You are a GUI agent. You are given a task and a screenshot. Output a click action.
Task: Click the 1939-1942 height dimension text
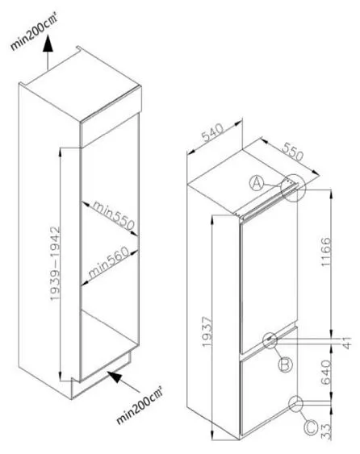coord(56,264)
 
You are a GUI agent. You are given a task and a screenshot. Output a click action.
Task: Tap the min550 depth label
coord(114,215)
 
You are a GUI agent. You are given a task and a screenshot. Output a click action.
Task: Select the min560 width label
coord(108,262)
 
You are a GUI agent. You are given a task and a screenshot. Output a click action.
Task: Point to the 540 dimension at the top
coord(213,132)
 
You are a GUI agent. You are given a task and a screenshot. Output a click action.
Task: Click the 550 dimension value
coord(293,151)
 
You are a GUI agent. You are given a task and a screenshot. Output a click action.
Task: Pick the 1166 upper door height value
coord(325,252)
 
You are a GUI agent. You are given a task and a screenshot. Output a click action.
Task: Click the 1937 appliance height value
coord(207,331)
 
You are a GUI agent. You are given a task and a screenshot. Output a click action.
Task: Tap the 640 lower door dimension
coord(326,373)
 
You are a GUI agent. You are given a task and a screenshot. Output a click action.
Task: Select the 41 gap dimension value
coord(347,342)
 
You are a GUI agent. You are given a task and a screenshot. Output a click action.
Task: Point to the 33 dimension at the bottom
coord(326,432)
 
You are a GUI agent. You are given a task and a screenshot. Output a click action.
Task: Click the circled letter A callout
coord(257,183)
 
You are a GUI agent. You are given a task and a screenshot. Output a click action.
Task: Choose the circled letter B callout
coord(286,364)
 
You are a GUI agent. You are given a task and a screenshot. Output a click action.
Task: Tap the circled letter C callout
coord(311,427)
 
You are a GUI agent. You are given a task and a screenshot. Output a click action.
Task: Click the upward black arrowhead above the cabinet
coord(48,43)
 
